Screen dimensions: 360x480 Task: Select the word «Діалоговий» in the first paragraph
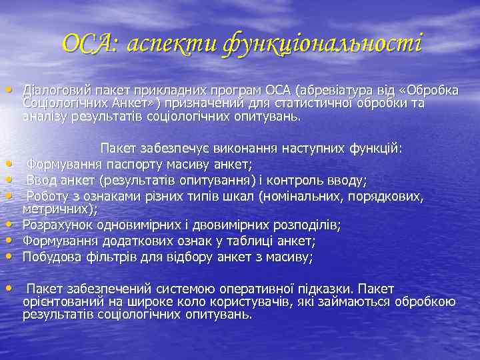[x=53, y=91]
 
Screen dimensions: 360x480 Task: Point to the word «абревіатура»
[x=338, y=91]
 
